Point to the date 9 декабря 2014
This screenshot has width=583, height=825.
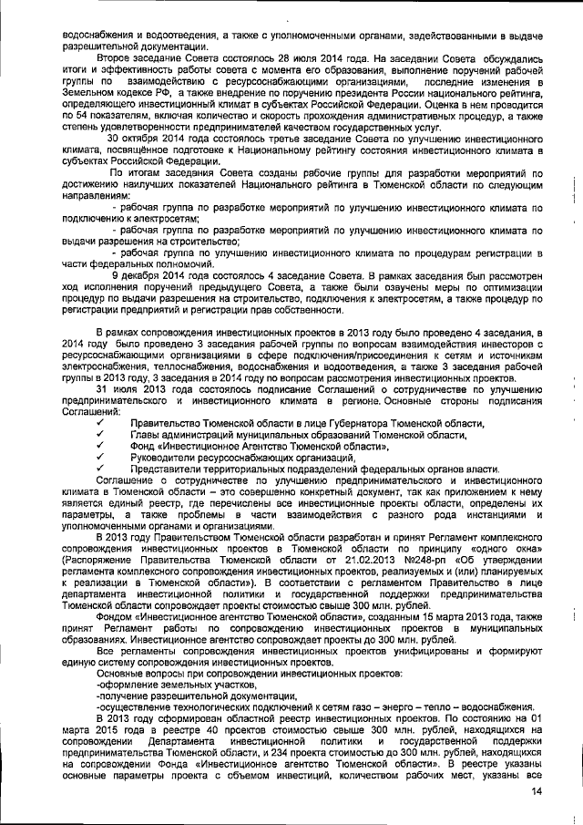[x=148, y=273]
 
